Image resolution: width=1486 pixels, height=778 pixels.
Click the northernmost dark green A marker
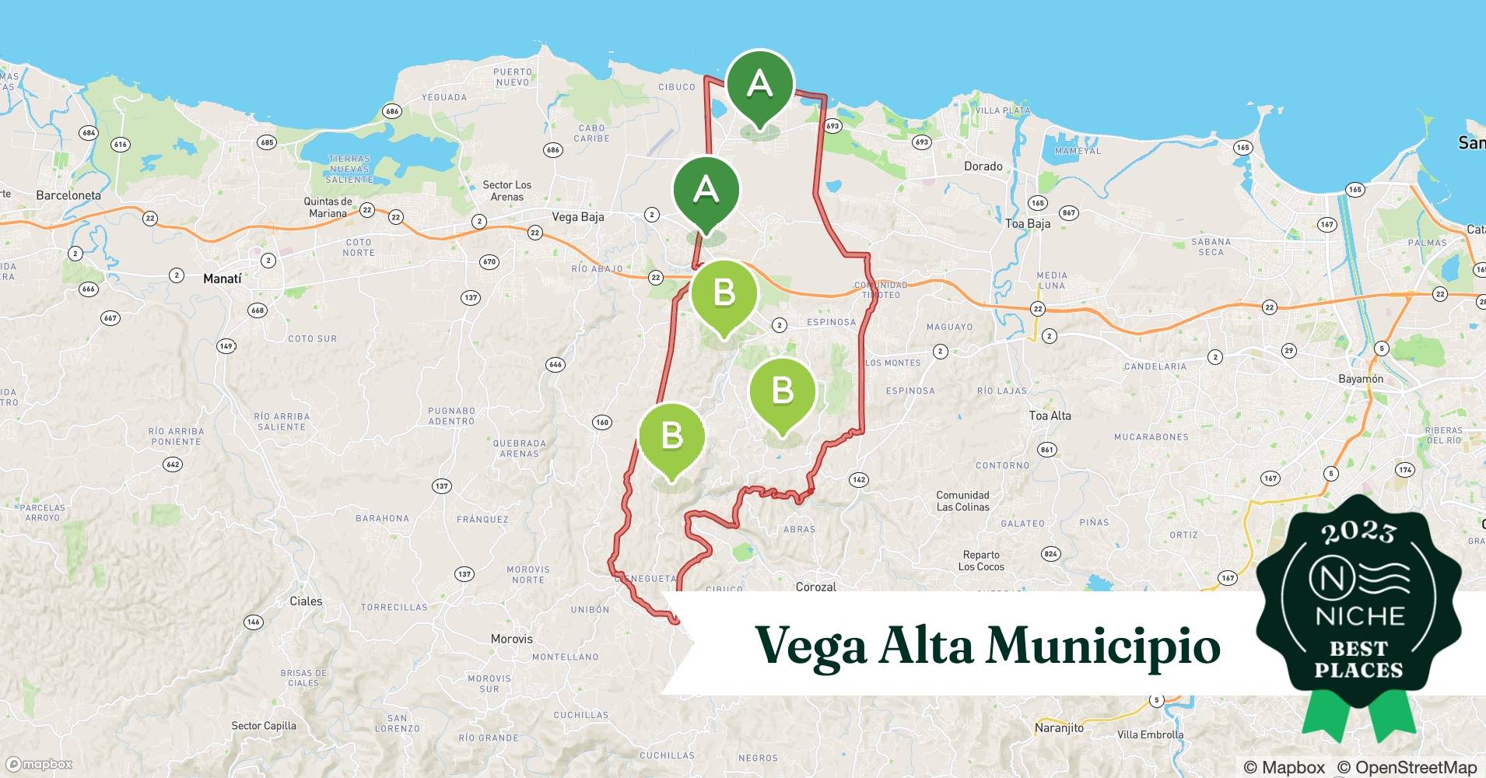click(759, 84)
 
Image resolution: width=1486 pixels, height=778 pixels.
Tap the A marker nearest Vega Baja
click(706, 190)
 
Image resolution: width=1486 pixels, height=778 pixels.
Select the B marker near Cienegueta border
click(671, 436)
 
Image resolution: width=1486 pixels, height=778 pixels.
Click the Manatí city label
click(223, 278)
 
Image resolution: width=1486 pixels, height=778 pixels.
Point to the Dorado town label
click(983, 166)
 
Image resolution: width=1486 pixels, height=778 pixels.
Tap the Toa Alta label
click(1050, 415)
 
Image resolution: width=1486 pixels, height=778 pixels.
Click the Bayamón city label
click(1361, 379)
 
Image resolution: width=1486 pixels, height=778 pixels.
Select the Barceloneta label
click(68, 195)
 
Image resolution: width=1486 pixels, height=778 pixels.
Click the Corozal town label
click(815, 587)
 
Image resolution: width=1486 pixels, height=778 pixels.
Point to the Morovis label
click(512, 639)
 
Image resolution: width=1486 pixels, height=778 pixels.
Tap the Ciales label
click(306, 601)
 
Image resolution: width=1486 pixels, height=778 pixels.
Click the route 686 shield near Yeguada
click(391, 111)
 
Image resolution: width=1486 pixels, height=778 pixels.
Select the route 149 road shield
click(226, 346)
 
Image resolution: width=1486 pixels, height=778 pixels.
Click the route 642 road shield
click(173, 464)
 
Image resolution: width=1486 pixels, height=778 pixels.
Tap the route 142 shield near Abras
click(858, 479)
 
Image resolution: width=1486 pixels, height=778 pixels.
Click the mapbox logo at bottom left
click(39, 764)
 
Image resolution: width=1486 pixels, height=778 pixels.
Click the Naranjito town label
click(1059, 728)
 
